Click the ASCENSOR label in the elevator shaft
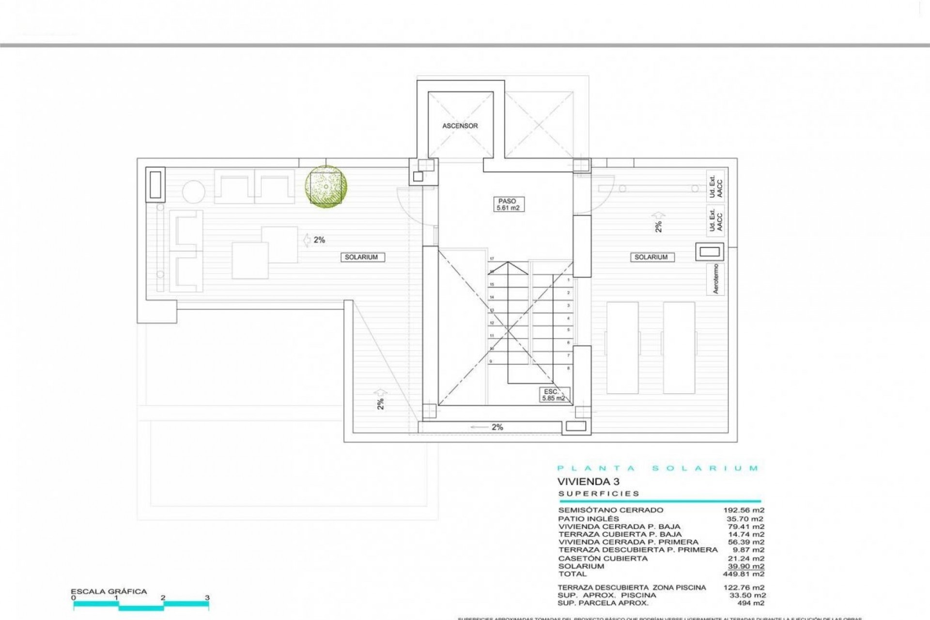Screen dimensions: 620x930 point(460,126)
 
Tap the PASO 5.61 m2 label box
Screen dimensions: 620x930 point(507,204)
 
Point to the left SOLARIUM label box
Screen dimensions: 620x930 point(361,257)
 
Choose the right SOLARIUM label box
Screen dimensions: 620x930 point(651,257)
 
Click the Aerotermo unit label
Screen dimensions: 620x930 point(716,279)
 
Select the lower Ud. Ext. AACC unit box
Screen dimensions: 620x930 point(715,219)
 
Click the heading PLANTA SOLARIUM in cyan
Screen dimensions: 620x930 point(658,468)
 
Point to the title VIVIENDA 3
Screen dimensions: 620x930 point(588,482)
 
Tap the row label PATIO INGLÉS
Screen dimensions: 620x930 point(589,519)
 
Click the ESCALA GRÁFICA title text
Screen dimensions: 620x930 point(108,591)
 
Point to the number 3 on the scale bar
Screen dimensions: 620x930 point(207,598)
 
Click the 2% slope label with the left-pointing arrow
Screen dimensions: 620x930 point(489,427)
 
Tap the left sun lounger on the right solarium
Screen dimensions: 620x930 point(622,347)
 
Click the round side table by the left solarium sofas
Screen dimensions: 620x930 point(194,192)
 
